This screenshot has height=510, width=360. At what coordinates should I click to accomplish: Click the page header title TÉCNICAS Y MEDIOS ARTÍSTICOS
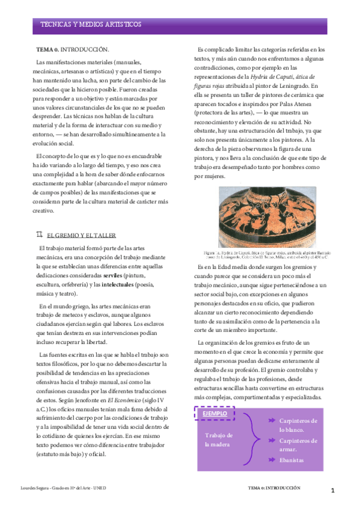(x=91, y=25)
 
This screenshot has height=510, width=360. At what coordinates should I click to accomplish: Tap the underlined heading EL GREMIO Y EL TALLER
(x=81, y=235)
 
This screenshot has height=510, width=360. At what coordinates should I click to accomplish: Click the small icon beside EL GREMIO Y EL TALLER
(x=40, y=234)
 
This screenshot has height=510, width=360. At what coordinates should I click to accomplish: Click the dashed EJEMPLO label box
(x=215, y=414)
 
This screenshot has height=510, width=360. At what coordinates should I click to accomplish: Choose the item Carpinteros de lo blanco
(x=297, y=425)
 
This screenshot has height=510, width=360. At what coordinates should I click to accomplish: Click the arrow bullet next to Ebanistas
(x=272, y=459)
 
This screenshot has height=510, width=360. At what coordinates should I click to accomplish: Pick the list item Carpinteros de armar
(x=297, y=444)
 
